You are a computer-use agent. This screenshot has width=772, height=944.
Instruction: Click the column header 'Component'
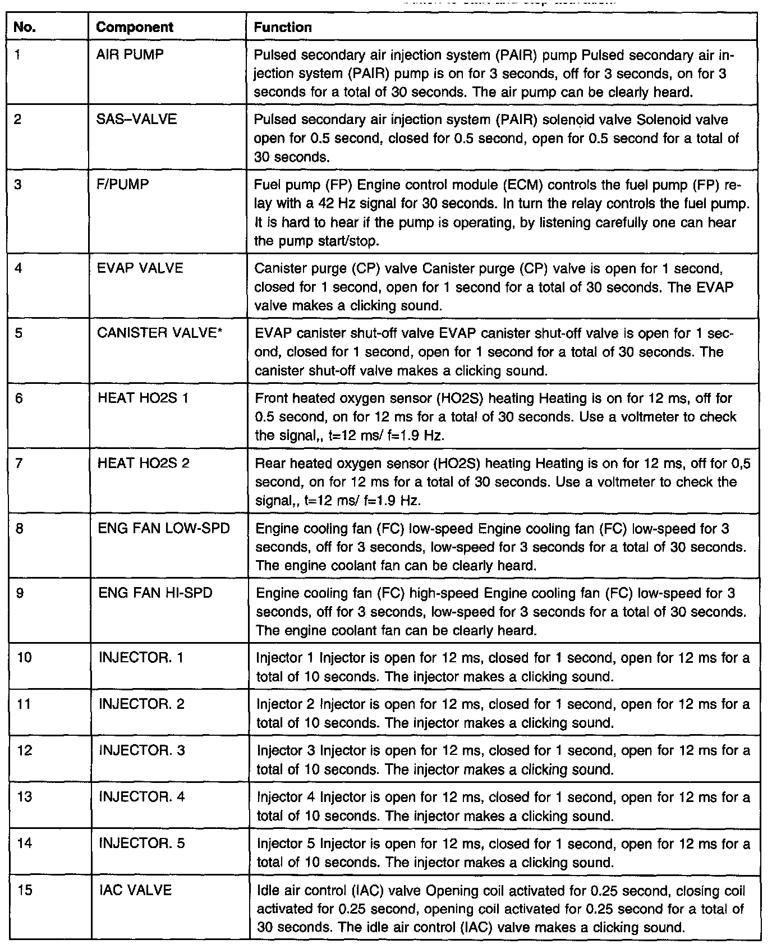(x=135, y=27)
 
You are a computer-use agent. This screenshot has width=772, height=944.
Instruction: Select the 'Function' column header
(x=283, y=27)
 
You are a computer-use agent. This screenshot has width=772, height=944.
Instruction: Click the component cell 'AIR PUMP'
(x=130, y=55)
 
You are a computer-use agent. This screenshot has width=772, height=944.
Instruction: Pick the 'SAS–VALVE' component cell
(x=136, y=119)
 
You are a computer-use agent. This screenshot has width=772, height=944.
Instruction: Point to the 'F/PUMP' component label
(x=123, y=184)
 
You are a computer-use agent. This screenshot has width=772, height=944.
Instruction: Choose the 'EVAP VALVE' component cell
(x=140, y=268)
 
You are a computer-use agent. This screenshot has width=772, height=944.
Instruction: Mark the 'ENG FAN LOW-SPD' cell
(x=164, y=529)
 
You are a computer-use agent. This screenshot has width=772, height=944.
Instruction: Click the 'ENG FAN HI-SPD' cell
(x=155, y=593)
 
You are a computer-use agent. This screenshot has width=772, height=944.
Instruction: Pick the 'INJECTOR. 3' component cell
(x=141, y=750)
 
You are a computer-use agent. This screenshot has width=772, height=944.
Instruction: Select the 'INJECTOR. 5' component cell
(x=141, y=844)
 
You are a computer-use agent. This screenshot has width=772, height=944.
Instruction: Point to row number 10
(x=24, y=657)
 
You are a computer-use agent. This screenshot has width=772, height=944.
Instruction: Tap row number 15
(x=25, y=890)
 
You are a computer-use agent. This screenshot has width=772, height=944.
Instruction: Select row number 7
(x=20, y=463)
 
